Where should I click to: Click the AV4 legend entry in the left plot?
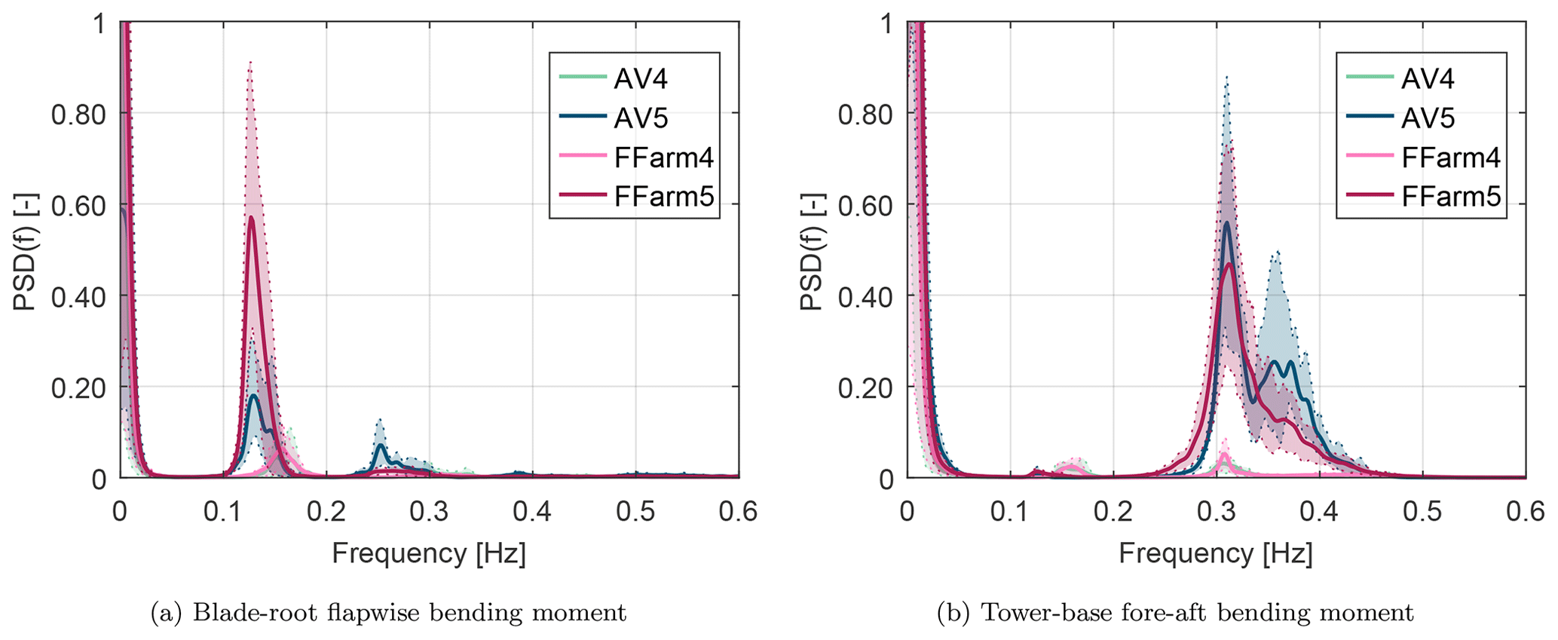pos(640,78)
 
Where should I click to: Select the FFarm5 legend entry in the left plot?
pos(663,197)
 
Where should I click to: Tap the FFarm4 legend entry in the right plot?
pos(1450,158)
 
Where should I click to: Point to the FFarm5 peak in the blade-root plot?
pos(251,218)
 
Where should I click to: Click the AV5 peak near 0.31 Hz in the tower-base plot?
pos(1226,223)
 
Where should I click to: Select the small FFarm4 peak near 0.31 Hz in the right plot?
pos(1224,455)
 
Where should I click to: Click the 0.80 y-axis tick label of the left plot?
pos(78,115)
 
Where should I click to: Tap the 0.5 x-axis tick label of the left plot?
pos(635,512)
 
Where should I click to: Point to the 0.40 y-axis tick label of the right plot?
pos(866,297)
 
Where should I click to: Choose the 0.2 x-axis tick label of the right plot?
pos(1113,512)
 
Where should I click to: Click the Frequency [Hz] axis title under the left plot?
pos(429,553)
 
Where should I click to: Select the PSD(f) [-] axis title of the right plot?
pos(812,251)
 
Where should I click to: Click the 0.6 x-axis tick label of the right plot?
pos(1525,512)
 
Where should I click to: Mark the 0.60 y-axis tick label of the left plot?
pos(78,206)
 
